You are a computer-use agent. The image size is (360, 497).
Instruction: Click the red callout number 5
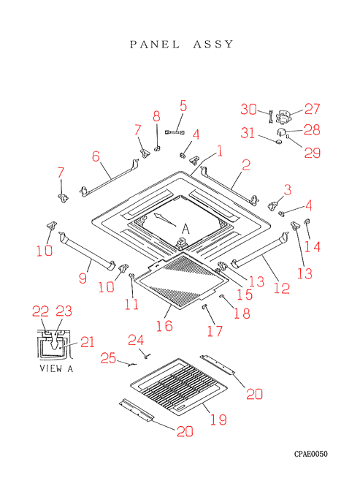183,105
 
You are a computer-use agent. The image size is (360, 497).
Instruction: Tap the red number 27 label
313,109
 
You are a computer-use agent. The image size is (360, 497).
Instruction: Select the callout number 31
248,132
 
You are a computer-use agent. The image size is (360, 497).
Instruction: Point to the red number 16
164,326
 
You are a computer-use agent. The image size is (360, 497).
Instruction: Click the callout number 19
219,420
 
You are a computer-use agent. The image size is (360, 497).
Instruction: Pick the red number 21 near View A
88,342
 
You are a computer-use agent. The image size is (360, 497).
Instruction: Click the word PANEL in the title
155,44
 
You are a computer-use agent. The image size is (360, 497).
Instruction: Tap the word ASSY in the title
213,44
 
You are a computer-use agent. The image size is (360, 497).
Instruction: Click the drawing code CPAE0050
311,454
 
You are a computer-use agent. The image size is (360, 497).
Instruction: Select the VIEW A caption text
56,368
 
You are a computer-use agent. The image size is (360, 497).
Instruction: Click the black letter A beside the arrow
185,229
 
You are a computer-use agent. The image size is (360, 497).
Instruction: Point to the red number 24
136,340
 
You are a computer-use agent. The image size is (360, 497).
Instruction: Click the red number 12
282,288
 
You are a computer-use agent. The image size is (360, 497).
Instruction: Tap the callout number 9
83,278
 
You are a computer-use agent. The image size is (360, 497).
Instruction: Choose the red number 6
96,156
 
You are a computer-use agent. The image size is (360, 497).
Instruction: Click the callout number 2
246,165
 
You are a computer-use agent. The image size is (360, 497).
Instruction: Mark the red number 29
313,153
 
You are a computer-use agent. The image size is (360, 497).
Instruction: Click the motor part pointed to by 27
284,117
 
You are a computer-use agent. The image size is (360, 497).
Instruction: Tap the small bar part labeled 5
175,132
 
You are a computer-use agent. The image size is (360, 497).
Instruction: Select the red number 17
215,331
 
